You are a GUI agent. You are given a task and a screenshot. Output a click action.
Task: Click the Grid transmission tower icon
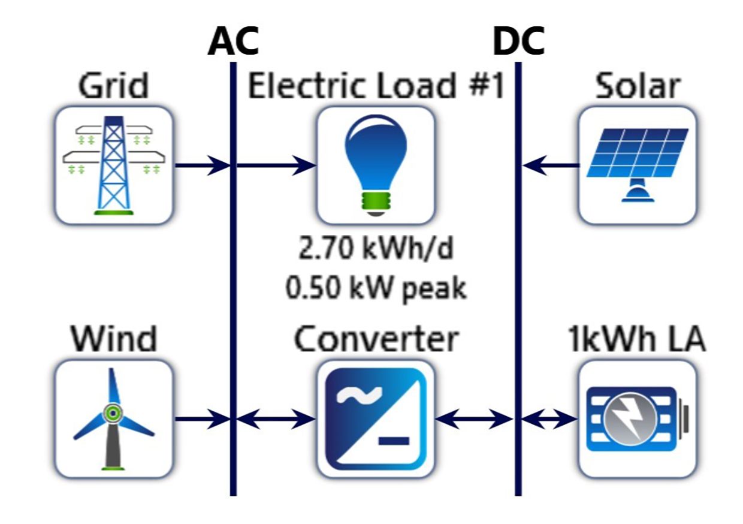pos(113,164)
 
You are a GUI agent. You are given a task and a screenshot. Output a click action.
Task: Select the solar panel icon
pos(638,164)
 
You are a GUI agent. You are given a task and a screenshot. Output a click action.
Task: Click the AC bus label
pos(233,42)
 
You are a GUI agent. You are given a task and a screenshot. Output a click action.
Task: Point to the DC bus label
pos(518,42)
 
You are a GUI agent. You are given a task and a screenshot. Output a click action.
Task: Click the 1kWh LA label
pos(638,340)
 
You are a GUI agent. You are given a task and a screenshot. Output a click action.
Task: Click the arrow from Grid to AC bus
pos(201,165)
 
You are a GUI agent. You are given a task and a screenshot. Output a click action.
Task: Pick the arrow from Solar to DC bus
pos(551,165)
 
